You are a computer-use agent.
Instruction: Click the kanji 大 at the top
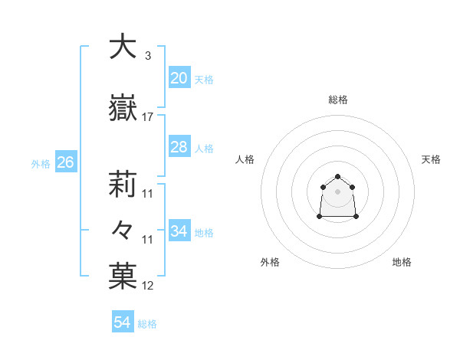click(123, 47)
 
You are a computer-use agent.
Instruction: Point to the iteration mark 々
click(123, 230)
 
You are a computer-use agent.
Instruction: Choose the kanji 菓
click(123, 277)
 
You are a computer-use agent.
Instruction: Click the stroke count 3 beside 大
click(147, 56)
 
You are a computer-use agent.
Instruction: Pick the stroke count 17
click(148, 117)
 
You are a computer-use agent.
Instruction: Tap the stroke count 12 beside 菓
click(148, 286)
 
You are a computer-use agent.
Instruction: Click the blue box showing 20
click(179, 77)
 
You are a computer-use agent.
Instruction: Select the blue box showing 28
click(179, 147)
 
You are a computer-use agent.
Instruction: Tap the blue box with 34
click(179, 231)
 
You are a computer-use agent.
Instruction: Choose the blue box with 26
click(65, 162)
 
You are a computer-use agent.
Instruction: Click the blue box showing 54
click(123, 323)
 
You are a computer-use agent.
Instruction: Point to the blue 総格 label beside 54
click(147, 324)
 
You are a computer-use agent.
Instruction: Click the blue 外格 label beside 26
click(41, 163)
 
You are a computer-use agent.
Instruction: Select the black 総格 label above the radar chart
click(337, 100)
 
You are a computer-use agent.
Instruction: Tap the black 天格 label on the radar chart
click(431, 159)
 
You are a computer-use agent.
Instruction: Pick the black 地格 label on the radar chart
click(402, 262)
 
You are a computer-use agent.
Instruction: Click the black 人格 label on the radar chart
click(245, 159)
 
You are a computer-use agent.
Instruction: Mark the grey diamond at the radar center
click(337, 191)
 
